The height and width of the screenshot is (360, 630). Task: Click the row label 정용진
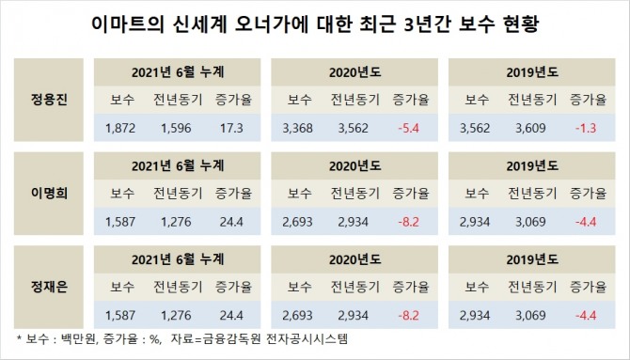tap(49, 100)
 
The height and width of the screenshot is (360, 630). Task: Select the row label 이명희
tap(49, 193)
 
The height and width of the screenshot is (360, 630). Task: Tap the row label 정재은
tap(49, 287)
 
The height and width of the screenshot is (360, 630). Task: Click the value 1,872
tap(120, 128)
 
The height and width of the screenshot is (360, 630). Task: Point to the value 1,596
tap(176, 128)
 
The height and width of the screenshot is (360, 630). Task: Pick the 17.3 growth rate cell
tap(232, 128)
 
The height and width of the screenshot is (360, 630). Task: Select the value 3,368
tap(298, 128)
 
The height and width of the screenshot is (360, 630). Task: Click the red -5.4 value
tap(409, 128)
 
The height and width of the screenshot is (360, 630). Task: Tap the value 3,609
tap(530, 128)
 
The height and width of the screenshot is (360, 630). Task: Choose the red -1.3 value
tap(586, 128)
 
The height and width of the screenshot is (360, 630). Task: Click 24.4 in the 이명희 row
tap(232, 222)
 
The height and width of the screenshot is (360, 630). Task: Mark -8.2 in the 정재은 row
tap(409, 316)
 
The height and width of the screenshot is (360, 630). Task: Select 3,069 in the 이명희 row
tap(530, 222)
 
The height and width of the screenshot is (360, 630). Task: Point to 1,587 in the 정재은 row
tap(120, 316)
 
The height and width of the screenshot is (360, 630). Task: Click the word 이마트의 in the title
tap(127, 24)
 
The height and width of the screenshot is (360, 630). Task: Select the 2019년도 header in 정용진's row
tap(532, 72)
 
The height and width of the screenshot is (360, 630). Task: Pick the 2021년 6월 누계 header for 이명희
tap(178, 166)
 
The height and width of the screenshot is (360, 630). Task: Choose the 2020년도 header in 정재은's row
tap(355, 259)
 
